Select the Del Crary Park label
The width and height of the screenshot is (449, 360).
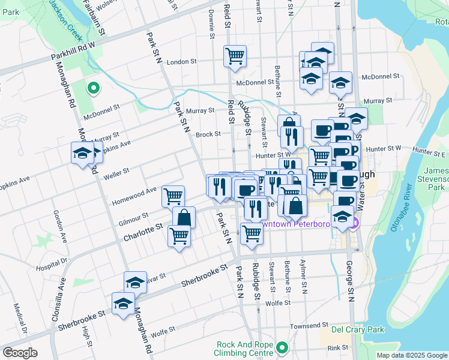[x=358, y=329]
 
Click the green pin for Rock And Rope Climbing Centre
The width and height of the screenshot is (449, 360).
[x=282, y=347]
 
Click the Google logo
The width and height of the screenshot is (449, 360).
[x=20, y=353]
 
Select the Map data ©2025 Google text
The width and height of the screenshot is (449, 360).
[x=411, y=355]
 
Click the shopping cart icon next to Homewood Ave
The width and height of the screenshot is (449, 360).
[x=173, y=195]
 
